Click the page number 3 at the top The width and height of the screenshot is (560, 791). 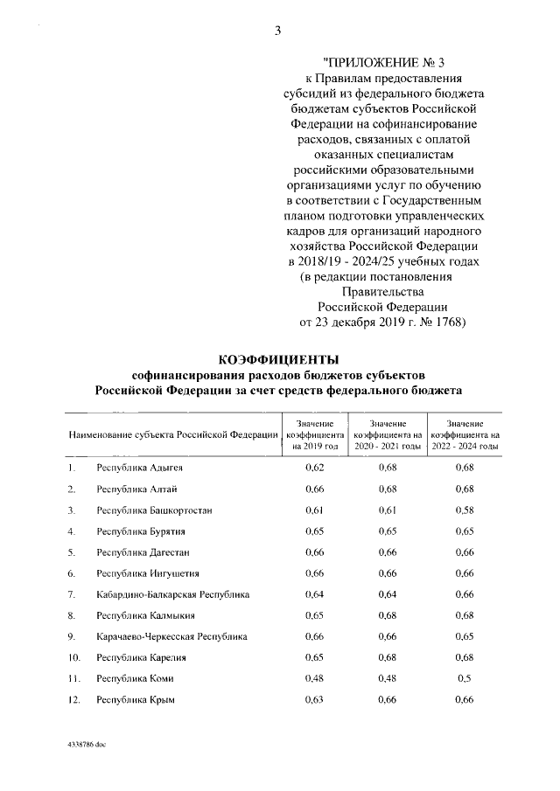coord(277,31)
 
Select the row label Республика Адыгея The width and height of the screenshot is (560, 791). coord(139,468)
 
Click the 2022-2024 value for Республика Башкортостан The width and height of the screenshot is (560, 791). coord(465,510)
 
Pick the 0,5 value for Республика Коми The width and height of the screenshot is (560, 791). coord(465,678)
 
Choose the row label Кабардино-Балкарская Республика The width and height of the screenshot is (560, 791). coord(172,594)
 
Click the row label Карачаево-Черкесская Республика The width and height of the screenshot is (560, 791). coord(171,636)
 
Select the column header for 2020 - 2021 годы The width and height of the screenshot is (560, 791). coord(388,434)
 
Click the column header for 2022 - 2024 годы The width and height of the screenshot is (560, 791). coord(465,434)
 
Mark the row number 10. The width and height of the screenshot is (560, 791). coord(73,657)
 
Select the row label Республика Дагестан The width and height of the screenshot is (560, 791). coord(143,552)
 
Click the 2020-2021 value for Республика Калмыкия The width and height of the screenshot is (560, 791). coord(388,615)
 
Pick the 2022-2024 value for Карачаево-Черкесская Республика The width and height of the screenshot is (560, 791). coord(465,636)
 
